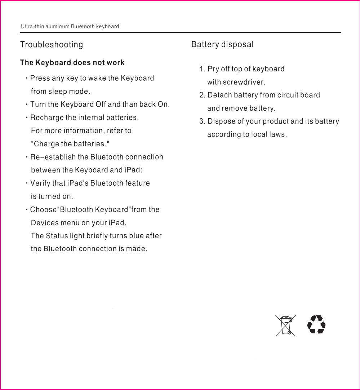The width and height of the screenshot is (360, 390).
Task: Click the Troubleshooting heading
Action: point(52,45)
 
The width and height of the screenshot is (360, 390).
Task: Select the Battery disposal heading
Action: point(222,45)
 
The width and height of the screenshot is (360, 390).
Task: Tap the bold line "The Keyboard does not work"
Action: point(72,63)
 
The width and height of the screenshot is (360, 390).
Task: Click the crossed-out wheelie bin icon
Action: point(286,325)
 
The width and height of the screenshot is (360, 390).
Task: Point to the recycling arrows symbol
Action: point(316,325)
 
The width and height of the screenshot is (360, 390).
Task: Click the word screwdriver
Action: point(243,82)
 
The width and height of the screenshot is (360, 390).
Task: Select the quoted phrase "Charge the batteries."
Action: point(70,144)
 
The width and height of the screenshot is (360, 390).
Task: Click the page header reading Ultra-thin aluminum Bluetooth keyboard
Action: point(70,27)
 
